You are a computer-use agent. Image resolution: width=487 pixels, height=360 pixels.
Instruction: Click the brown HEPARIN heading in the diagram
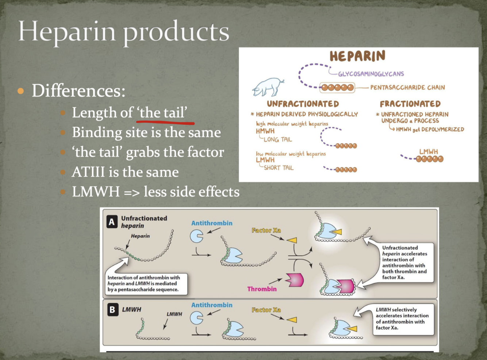(357, 56)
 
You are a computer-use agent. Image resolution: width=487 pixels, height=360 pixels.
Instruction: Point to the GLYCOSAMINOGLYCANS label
(371, 74)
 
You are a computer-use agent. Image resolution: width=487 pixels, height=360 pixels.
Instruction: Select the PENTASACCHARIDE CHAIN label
(407, 88)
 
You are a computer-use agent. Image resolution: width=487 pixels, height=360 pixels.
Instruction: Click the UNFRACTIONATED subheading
(303, 104)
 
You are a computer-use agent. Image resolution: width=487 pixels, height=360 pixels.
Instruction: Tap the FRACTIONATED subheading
(410, 104)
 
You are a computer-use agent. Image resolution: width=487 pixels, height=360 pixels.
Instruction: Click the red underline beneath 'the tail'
(165, 122)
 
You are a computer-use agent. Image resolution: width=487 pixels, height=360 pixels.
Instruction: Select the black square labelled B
(112, 310)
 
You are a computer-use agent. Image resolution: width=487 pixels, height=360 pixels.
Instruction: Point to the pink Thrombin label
(262, 289)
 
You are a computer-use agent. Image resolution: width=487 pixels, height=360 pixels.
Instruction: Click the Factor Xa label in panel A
(266, 230)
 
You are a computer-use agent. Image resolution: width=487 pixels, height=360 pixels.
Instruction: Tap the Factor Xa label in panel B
(266, 310)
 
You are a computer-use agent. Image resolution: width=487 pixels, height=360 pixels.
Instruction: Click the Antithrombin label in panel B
(212, 305)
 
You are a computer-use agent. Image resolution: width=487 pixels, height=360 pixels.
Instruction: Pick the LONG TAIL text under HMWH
(278, 139)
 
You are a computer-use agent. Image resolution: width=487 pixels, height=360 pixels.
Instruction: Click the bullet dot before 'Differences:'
(21, 90)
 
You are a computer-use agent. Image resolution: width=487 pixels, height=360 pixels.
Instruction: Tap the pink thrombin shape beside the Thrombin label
(295, 280)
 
